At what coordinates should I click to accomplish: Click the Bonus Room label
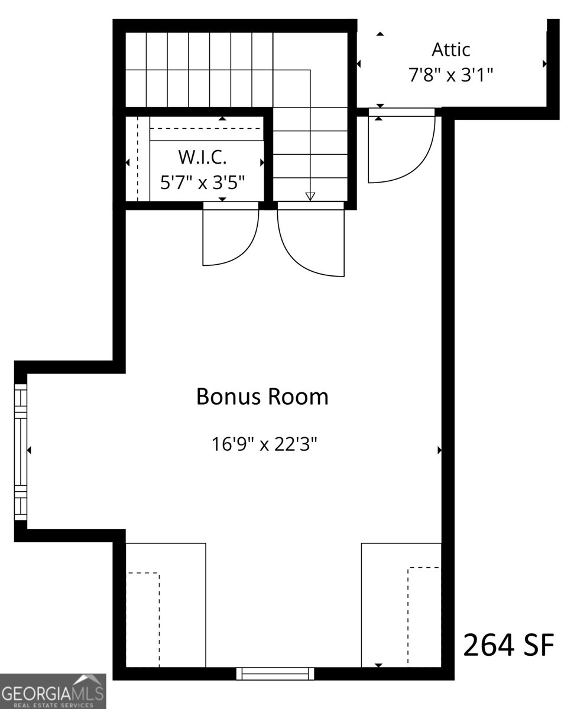pyautogui.click(x=262, y=396)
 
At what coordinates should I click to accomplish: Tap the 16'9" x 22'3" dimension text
pyautogui.click(x=265, y=443)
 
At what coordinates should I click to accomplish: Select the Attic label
pyautogui.click(x=450, y=49)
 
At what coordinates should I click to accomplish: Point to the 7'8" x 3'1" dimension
pyautogui.click(x=450, y=76)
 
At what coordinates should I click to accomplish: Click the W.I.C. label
pyautogui.click(x=203, y=158)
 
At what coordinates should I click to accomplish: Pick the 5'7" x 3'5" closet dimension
pyautogui.click(x=203, y=181)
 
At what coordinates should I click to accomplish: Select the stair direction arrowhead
pyautogui.click(x=310, y=196)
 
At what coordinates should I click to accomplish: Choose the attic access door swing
pyautogui.click(x=402, y=148)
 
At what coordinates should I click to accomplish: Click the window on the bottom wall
pyautogui.click(x=275, y=673)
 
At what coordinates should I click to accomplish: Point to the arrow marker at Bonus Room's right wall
pyautogui.click(x=440, y=450)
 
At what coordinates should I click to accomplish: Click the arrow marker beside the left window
pyautogui.click(x=30, y=450)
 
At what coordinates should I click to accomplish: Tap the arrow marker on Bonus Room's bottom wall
pyautogui.click(x=378, y=665)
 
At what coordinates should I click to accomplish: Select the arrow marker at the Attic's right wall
pyautogui.click(x=544, y=63)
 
